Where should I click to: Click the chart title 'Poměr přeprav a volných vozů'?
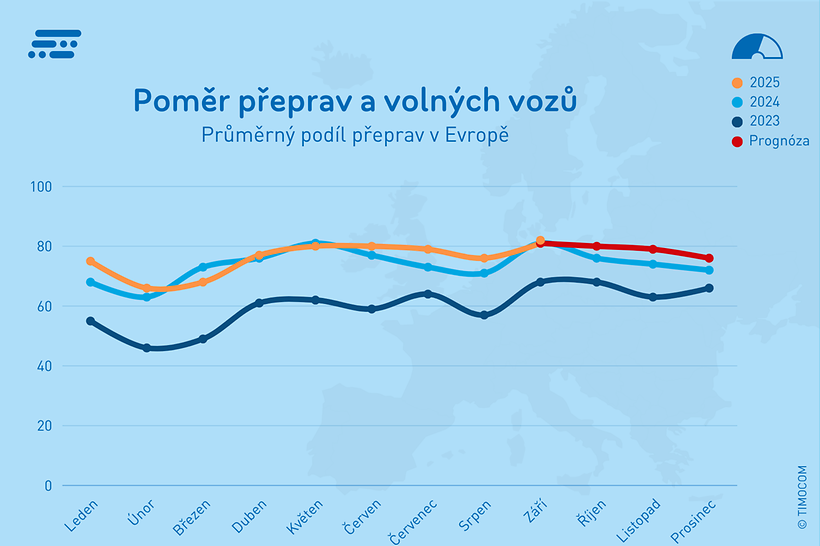pos(355,100)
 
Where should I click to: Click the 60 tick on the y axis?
pos(43,306)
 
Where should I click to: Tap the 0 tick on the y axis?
pos(47,486)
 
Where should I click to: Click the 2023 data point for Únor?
pos(147,348)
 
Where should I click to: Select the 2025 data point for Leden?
pos(90,261)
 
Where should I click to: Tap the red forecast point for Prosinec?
pos(709,258)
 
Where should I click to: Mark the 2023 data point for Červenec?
pos(428,294)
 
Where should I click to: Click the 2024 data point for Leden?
pos(90,282)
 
